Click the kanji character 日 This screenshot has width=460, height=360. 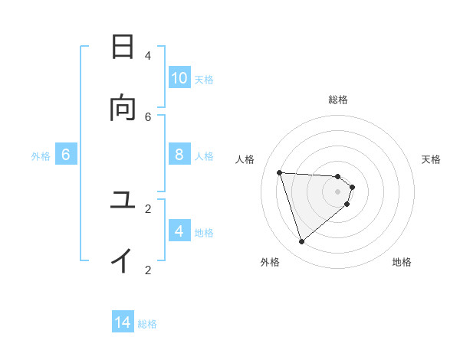tap(123, 47)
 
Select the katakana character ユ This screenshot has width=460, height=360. tap(123, 201)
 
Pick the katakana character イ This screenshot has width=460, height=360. tap(123, 261)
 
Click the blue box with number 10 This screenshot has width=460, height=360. tap(179, 78)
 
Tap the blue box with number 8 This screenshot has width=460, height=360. tap(179, 155)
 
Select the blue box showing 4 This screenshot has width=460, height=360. tap(179, 231)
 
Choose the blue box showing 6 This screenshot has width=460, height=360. tap(66, 155)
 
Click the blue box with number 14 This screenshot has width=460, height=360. tap(123, 322)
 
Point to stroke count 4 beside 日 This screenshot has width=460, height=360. tap(148, 55)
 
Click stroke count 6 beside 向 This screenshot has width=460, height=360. tap(148, 116)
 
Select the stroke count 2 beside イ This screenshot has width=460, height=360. tap(148, 270)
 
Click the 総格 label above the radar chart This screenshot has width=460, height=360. tap(338, 100)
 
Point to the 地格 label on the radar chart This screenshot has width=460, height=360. tap(402, 262)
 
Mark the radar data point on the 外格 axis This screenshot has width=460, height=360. tap(301, 242)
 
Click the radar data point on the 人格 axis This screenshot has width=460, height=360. tap(279, 172)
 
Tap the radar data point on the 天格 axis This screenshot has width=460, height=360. tap(353, 187)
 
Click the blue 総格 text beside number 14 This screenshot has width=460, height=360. tap(147, 324)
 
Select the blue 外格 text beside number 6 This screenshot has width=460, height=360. tap(41, 156)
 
